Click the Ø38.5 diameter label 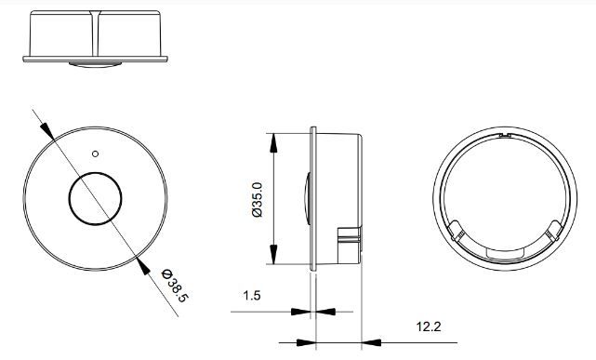175,286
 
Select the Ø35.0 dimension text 258,200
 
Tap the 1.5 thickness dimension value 252,296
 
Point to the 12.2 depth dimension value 429,327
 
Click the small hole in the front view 96,153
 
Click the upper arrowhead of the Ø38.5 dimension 47,131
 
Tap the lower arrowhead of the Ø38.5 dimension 143,265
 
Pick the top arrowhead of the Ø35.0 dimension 273,143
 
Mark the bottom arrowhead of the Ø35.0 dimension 273,254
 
